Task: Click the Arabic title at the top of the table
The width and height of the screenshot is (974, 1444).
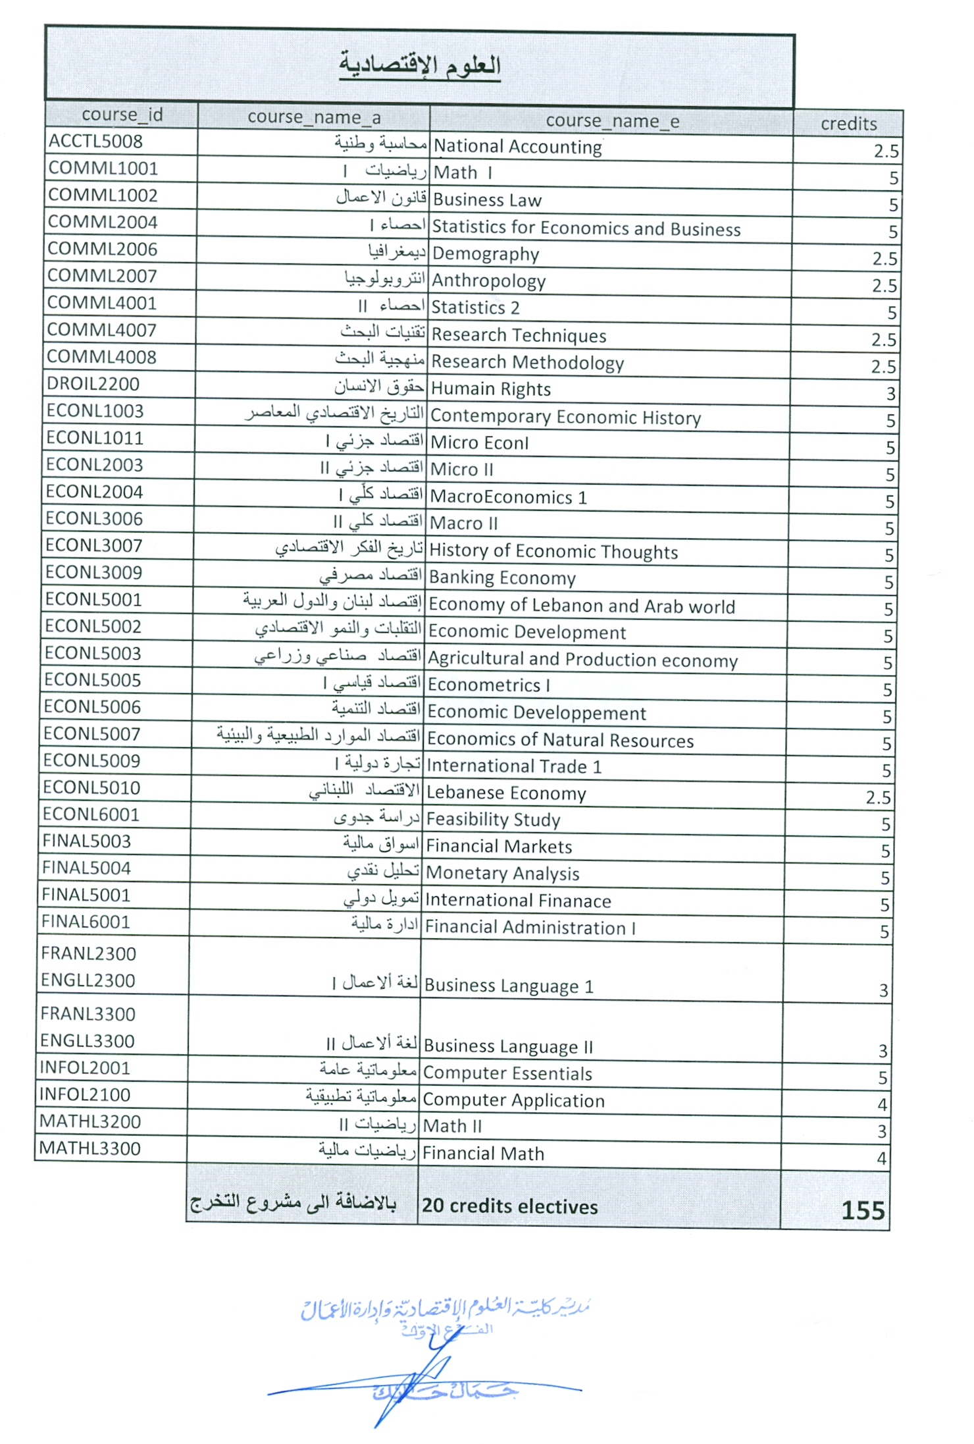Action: pos(420,66)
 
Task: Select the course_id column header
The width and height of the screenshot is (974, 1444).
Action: pos(122,115)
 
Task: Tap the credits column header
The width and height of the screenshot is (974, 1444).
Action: pos(848,124)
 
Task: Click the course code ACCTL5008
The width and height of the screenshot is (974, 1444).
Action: pos(95,142)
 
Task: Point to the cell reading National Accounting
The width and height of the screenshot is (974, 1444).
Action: pos(518,147)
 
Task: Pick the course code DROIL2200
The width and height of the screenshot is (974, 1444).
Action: pos(93,384)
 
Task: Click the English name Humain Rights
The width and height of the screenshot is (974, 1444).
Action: pos(490,389)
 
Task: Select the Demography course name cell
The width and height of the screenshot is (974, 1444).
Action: pos(486,254)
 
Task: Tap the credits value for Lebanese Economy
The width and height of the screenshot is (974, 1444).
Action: pos(878,798)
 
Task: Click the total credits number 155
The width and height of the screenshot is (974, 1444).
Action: pos(863,1210)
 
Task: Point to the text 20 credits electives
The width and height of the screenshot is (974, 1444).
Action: pos(510,1206)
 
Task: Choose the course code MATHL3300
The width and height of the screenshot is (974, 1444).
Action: pos(90,1149)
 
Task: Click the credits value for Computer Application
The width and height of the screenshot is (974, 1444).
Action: pos(882,1104)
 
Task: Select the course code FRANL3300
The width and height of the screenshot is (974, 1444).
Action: pos(88,1014)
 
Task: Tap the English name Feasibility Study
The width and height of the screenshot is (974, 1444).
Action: pos(494,820)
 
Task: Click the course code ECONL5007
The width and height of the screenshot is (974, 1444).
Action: pos(92,734)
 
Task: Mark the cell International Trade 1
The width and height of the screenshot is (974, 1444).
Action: pos(514,766)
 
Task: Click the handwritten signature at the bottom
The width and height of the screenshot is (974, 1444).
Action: pos(421,1386)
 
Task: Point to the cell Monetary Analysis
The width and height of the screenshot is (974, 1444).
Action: pos(503,874)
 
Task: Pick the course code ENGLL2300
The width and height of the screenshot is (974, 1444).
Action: pos(88,980)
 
